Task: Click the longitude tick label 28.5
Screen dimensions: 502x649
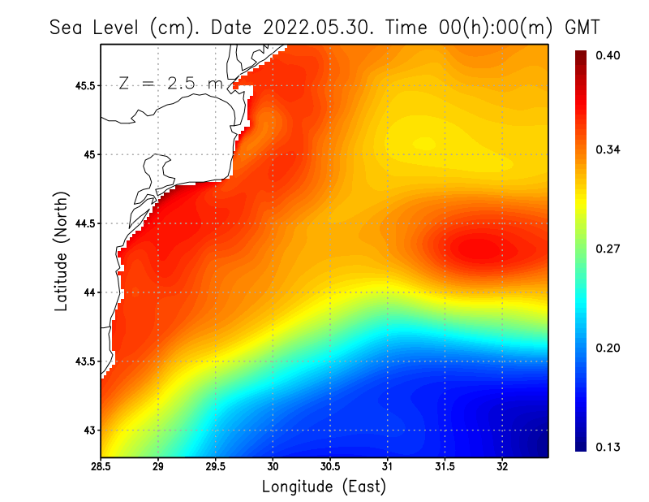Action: (101, 467)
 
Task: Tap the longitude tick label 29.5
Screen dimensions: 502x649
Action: (216, 467)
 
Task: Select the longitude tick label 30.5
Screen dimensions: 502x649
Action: (330, 467)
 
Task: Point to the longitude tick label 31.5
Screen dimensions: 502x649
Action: (445, 467)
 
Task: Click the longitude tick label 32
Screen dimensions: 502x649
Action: (502, 467)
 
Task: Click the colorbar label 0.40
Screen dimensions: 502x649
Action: (608, 55)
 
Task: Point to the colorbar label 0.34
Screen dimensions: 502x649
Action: (608, 149)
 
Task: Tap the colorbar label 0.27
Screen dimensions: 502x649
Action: (608, 249)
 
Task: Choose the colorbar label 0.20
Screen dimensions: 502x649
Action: (608, 348)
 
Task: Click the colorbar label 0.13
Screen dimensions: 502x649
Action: (608, 447)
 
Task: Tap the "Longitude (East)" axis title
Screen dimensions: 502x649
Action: (324, 487)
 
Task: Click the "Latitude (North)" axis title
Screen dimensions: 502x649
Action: (61, 252)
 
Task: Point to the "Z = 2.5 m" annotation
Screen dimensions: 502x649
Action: (170, 83)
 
